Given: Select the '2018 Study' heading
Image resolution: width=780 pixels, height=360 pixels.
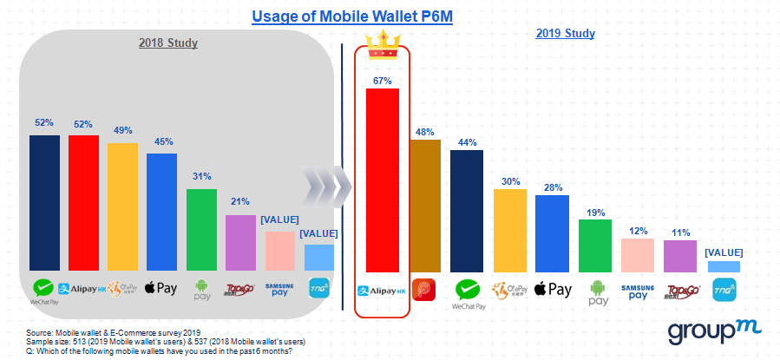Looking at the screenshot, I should (x=168, y=43).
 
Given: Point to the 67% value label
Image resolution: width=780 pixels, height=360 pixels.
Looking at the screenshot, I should (x=383, y=79).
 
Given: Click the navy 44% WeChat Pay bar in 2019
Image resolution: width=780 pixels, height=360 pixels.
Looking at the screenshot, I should (x=467, y=211).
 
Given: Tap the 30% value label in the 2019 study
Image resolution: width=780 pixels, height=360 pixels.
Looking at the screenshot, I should (x=509, y=181).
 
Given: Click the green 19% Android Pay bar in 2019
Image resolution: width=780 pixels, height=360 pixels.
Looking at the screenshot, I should (x=594, y=246).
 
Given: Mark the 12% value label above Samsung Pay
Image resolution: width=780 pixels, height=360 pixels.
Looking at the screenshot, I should (x=638, y=230).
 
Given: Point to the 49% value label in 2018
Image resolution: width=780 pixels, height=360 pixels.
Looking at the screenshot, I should (x=122, y=131).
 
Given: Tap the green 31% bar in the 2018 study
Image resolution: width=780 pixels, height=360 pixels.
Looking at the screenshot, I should (x=201, y=231).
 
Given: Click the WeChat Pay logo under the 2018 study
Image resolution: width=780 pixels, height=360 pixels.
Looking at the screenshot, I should (x=43, y=291).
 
